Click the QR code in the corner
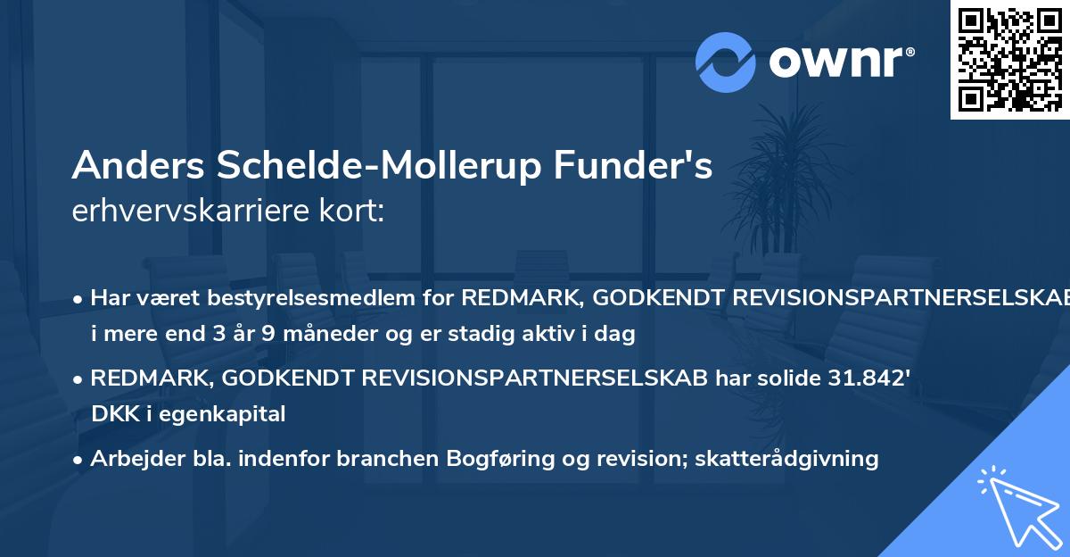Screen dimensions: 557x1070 pyautogui.click(x=1009, y=59)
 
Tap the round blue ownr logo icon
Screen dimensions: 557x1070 pyautogui.click(x=726, y=62)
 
